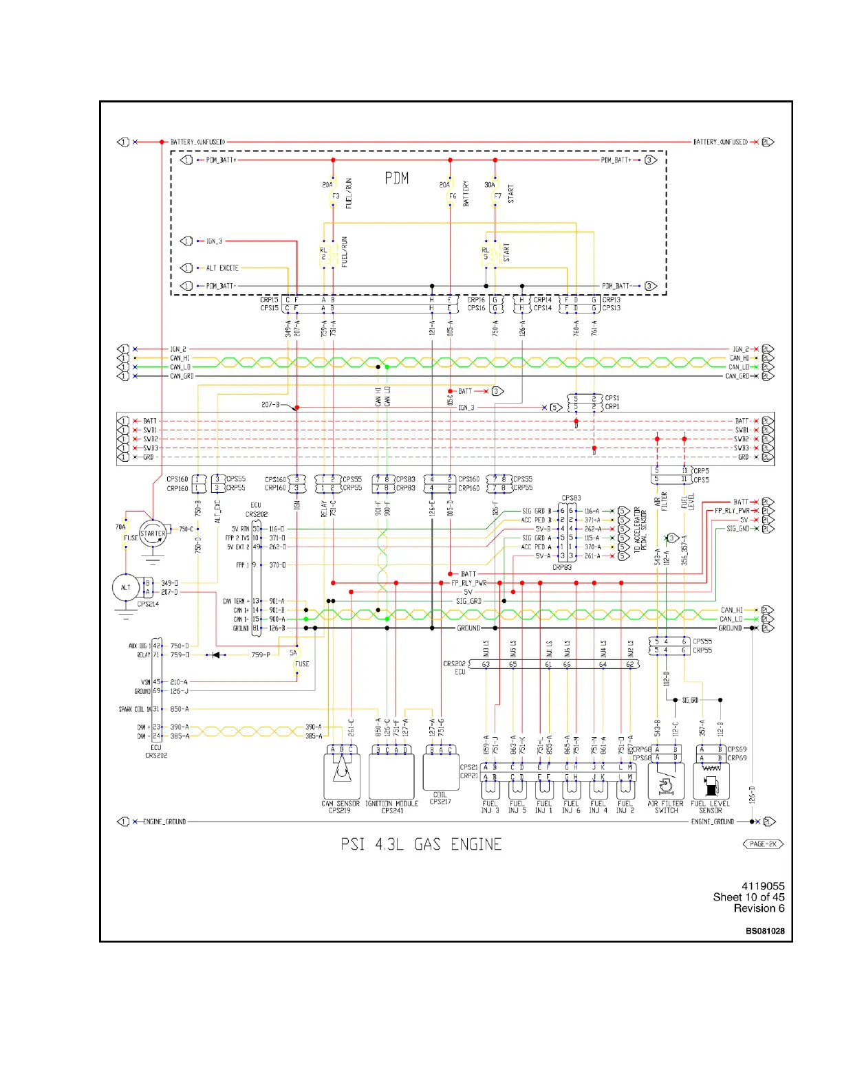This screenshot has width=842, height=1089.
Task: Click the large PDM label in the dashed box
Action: (x=397, y=179)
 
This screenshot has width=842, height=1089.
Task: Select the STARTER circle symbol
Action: (x=152, y=533)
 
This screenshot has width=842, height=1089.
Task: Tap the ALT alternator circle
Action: (x=126, y=587)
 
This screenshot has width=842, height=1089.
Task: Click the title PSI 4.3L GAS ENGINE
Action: (x=421, y=844)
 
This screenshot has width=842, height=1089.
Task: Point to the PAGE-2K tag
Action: (x=763, y=844)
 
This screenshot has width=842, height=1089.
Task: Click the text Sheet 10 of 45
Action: (x=748, y=897)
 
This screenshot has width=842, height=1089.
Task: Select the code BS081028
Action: (x=765, y=931)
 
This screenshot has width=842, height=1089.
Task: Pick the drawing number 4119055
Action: (x=763, y=886)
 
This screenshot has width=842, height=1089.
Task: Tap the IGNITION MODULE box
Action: (x=391, y=776)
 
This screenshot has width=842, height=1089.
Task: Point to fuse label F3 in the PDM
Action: (x=336, y=197)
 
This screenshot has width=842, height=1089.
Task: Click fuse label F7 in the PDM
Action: (x=497, y=197)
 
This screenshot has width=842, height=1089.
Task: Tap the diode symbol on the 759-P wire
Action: (x=217, y=655)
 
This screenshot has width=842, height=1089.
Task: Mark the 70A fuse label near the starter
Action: (x=120, y=527)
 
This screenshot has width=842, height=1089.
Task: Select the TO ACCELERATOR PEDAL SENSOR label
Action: (x=640, y=530)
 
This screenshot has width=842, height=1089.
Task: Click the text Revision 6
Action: (x=759, y=908)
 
